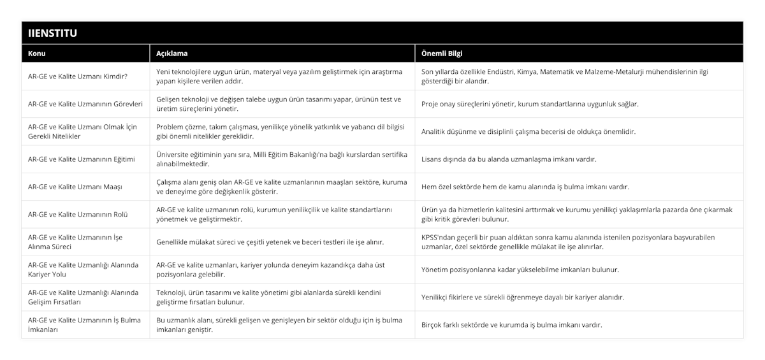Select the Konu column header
(x=36, y=54)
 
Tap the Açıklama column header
(x=172, y=54)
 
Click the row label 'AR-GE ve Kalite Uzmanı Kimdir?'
(x=77, y=76)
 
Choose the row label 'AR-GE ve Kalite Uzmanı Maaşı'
(x=75, y=187)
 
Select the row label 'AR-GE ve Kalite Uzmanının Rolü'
(x=78, y=214)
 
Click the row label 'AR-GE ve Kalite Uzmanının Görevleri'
(x=85, y=104)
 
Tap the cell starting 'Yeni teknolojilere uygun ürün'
(x=280, y=76)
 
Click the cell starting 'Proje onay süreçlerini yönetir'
(x=530, y=104)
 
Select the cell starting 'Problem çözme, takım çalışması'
(x=280, y=131)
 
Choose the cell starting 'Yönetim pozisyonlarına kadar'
(x=520, y=270)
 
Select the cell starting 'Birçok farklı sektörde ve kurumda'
(x=512, y=324)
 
